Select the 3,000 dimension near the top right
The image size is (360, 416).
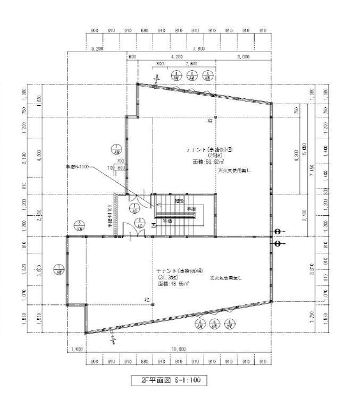(244, 56)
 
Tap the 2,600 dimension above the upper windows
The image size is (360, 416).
(191, 64)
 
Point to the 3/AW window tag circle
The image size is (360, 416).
(78, 225)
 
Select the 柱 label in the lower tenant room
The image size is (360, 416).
(146, 300)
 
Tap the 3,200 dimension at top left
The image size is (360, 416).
(97, 48)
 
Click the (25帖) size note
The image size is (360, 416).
(208, 155)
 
